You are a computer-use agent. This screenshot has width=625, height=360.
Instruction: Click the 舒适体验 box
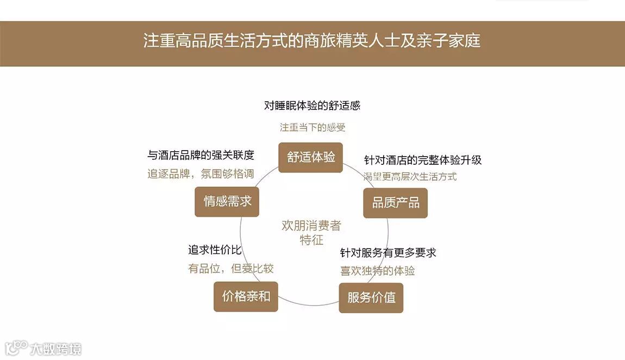point(310,158)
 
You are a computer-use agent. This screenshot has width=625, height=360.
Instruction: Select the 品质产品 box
point(395,203)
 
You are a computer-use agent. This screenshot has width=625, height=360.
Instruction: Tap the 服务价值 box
point(371,297)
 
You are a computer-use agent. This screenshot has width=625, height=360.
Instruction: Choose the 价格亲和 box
point(246,296)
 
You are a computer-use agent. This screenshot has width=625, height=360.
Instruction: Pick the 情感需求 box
point(227,201)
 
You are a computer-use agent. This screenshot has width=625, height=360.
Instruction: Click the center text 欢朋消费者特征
point(311,233)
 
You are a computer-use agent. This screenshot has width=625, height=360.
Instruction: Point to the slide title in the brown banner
point(312,41)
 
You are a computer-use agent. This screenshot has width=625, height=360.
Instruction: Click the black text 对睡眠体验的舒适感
point(312,105)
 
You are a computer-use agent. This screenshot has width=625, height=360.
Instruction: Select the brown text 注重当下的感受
point(312,128)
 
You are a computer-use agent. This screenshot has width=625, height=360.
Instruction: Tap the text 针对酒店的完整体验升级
point(422,160)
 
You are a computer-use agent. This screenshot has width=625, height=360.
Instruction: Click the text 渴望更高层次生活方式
point(410,176)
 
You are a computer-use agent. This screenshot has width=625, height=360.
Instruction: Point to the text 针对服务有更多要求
point(388,253)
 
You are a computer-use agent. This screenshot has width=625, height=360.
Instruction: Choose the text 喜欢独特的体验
point(377,271)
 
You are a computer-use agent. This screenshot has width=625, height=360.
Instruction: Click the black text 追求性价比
point(215,250)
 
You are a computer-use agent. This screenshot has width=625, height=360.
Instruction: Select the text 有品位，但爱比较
point(230,269)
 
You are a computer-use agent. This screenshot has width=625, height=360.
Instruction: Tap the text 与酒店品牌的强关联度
point(201,155)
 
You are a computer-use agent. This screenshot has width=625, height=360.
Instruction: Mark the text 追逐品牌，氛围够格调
point(201,175)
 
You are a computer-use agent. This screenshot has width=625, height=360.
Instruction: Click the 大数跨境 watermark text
point(55,349)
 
